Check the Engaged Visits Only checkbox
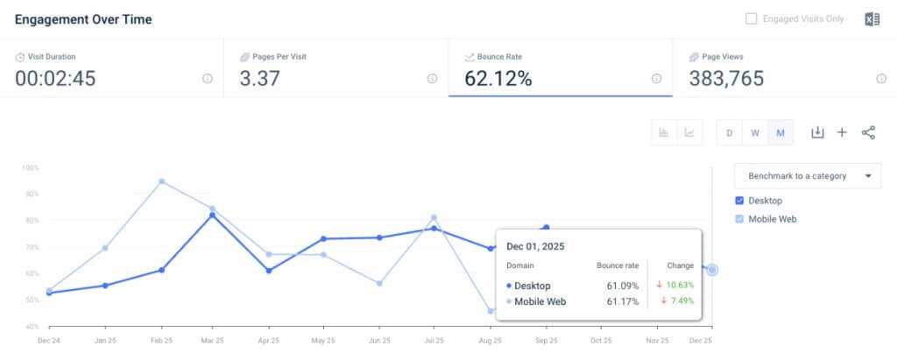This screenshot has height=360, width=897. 751,18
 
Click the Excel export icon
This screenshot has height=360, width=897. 872,19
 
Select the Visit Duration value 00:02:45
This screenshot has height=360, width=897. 55,79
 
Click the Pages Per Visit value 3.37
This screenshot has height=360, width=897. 259,79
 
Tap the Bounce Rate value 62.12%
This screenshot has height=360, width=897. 498,79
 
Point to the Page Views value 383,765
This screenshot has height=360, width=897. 726,79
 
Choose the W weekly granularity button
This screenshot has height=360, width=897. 754,133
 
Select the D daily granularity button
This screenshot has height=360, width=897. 730,133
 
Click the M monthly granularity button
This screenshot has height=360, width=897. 780,133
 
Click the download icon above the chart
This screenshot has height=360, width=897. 817,132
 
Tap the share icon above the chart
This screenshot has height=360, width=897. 868,132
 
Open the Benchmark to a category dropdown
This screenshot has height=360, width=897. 807,176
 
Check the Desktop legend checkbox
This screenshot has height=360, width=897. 740,201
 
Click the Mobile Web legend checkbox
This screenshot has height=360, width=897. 740,219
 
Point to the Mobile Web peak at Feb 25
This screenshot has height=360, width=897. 161,181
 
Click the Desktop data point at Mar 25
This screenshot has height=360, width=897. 212,215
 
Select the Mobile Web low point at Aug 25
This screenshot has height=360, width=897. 491,311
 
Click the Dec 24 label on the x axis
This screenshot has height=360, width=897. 48,340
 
